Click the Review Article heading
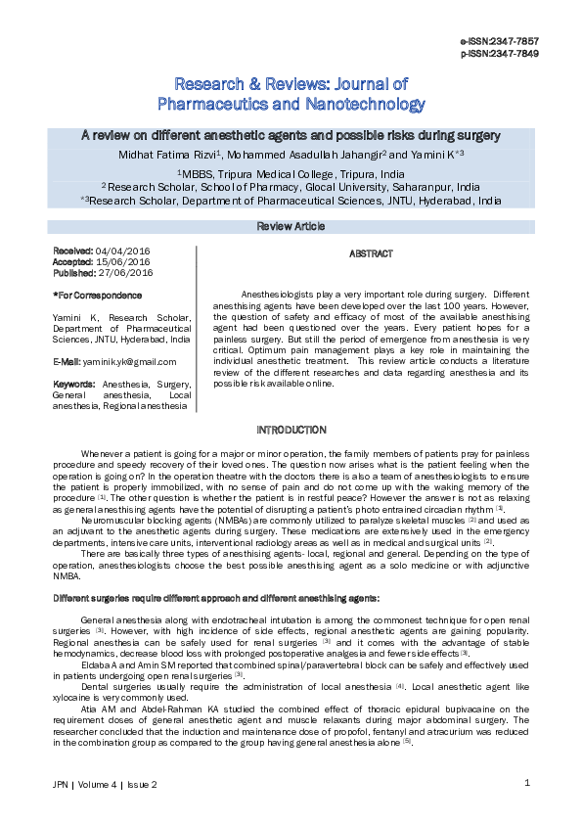pyautogui.click(x=291, y=226)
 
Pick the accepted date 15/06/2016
pyautogui.click(x=122, y=262)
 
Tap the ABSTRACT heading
pyautogui.click(x=371, y=253)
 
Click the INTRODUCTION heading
pyautogui.click(x=291, y=431)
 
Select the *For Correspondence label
pyautogui.click(x=89, y=295)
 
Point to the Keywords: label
pyautogui.click(x=74, y=384)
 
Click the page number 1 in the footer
pyautogui.click(x=526, y=782)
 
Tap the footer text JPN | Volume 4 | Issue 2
pyautogui.click(x=105, y=785)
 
